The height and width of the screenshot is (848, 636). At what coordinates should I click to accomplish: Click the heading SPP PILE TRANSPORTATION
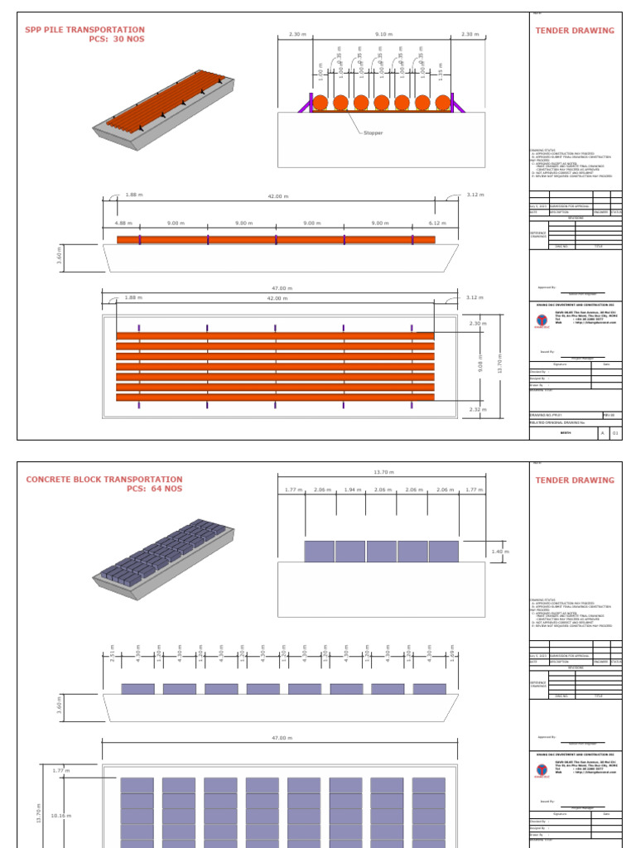[84, 30]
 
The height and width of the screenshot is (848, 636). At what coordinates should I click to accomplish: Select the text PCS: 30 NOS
[116, 40]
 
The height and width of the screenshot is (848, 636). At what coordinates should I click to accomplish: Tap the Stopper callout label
[373, 132]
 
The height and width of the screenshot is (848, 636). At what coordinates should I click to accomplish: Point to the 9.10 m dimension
[383, 35]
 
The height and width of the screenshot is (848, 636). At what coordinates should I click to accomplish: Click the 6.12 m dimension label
[437, 223]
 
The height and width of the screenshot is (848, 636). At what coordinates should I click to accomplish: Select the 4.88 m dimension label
[123, 223]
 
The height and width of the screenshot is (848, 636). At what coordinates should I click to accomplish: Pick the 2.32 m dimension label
[478, 409]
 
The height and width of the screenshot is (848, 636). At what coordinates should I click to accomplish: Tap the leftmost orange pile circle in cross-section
[320, 104]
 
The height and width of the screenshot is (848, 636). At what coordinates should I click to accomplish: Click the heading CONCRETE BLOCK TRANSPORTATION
[104, 479]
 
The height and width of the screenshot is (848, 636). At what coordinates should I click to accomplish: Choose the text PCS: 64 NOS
[154, 489]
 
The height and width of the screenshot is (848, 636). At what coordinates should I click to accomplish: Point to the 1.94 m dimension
[352, 490]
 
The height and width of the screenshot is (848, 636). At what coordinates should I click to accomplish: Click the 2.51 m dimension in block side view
[112, 654]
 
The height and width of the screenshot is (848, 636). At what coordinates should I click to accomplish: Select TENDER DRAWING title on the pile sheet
[575, 31]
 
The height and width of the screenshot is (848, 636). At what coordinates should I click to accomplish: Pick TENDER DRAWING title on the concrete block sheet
[575, 480]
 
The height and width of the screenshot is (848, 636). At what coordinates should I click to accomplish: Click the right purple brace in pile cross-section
[457, 103]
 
